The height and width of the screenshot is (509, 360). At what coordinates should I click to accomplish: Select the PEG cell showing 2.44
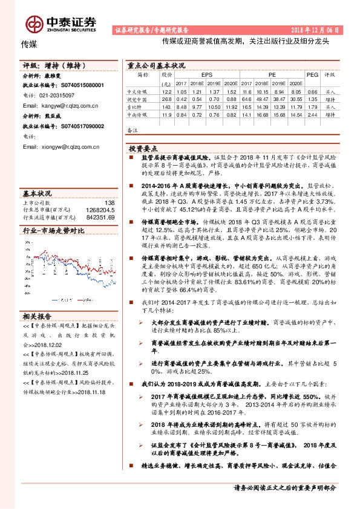coord(312,114)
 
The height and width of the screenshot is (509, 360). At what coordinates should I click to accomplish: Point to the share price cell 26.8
coord(166,99)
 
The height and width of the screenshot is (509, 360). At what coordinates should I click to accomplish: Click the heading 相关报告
coord(38,316)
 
